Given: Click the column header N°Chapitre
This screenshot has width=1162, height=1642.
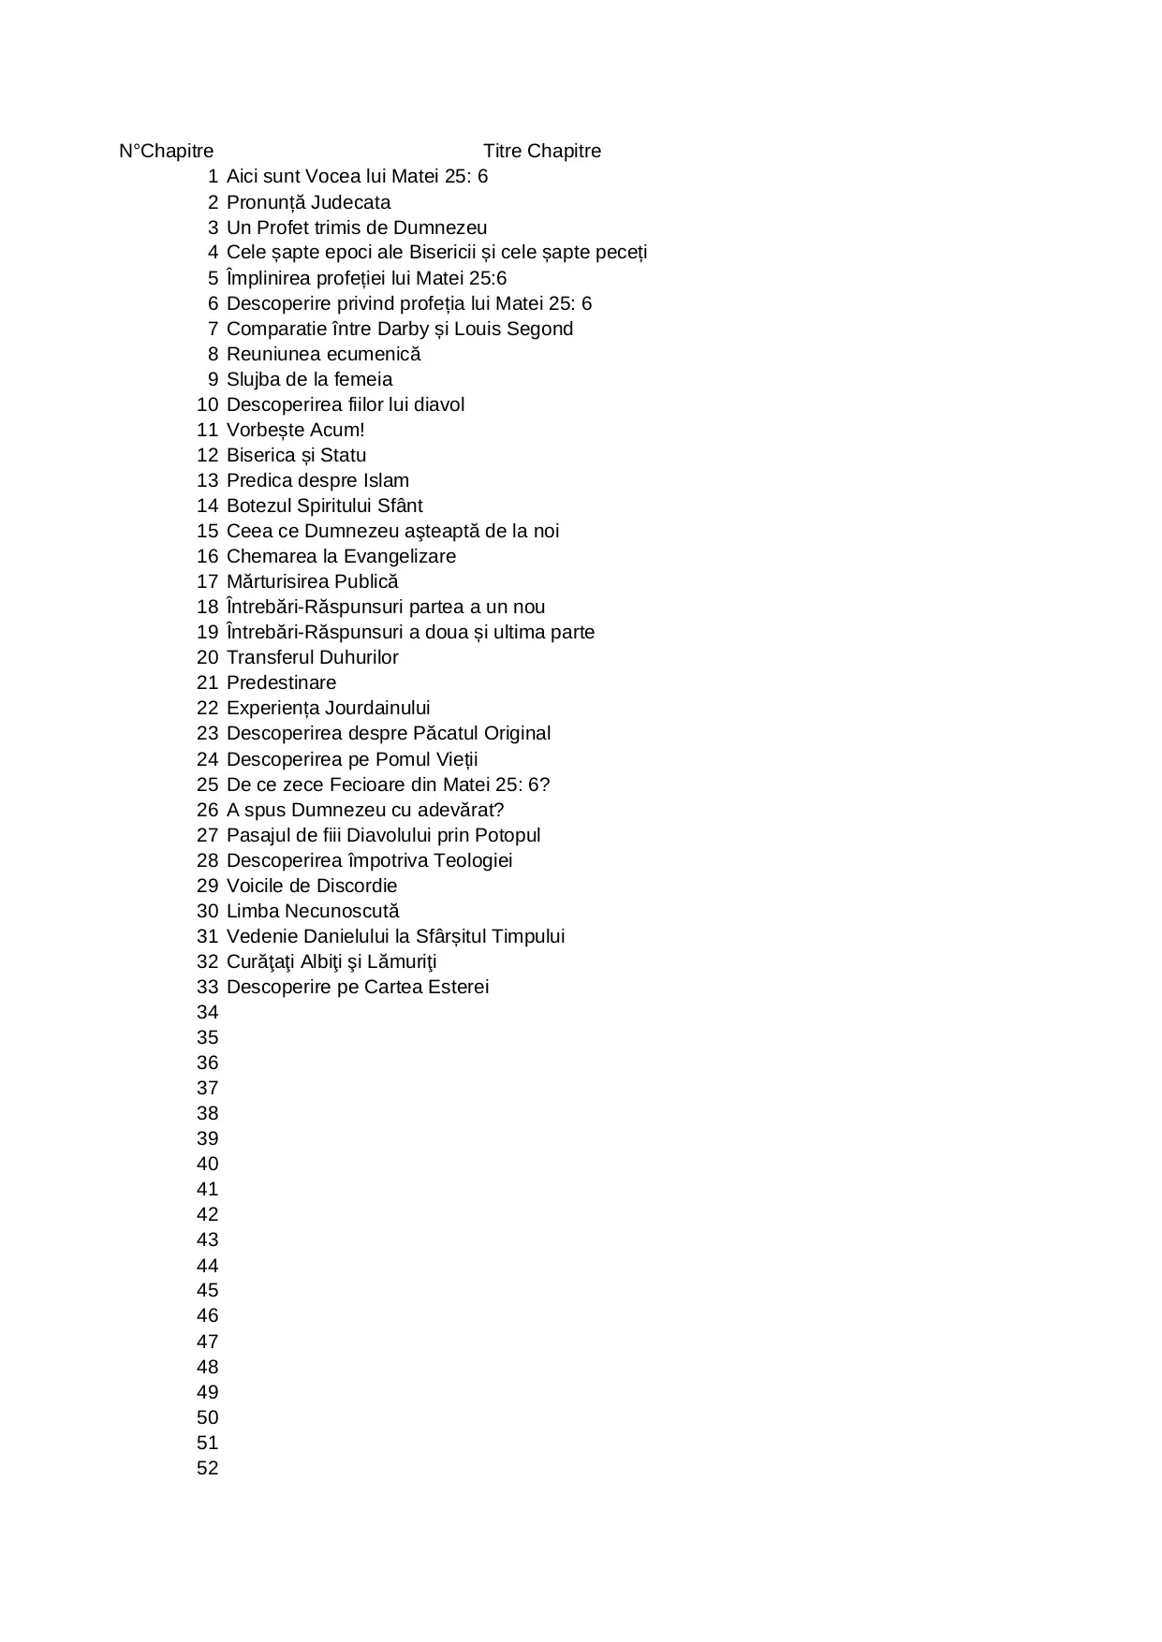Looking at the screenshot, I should click(166, 151).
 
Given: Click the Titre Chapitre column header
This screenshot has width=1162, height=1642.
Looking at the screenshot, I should click(541, 151).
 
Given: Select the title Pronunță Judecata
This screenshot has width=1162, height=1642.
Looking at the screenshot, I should click(308, 202).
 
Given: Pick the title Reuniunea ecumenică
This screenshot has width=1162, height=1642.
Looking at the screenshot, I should click(323, 354).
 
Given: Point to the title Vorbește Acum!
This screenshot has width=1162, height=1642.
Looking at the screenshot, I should click(295, 430).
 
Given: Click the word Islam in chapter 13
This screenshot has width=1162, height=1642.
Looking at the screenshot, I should click(386, 480).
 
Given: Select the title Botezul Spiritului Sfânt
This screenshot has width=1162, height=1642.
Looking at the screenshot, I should click(324, 506).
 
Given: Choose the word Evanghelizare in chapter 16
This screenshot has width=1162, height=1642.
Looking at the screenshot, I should click(399, 556).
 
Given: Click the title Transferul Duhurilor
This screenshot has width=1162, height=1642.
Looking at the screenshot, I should click(312, 657).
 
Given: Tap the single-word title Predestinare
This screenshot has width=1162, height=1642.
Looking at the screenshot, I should click(281, 682).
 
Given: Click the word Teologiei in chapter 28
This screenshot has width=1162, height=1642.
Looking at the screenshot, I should click(470, 860).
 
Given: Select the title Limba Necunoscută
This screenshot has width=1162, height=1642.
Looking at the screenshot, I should click(312, 911).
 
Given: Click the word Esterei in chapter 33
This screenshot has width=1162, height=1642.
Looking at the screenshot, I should click(458, 987).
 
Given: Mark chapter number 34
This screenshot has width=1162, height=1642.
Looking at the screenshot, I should click(207, 1012).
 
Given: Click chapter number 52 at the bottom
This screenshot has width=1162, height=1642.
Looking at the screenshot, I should click(207, 1468).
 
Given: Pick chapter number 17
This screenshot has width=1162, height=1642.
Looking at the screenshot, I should click(207, 581).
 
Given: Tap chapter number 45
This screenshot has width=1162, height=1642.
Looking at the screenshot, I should click(207, 1290).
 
